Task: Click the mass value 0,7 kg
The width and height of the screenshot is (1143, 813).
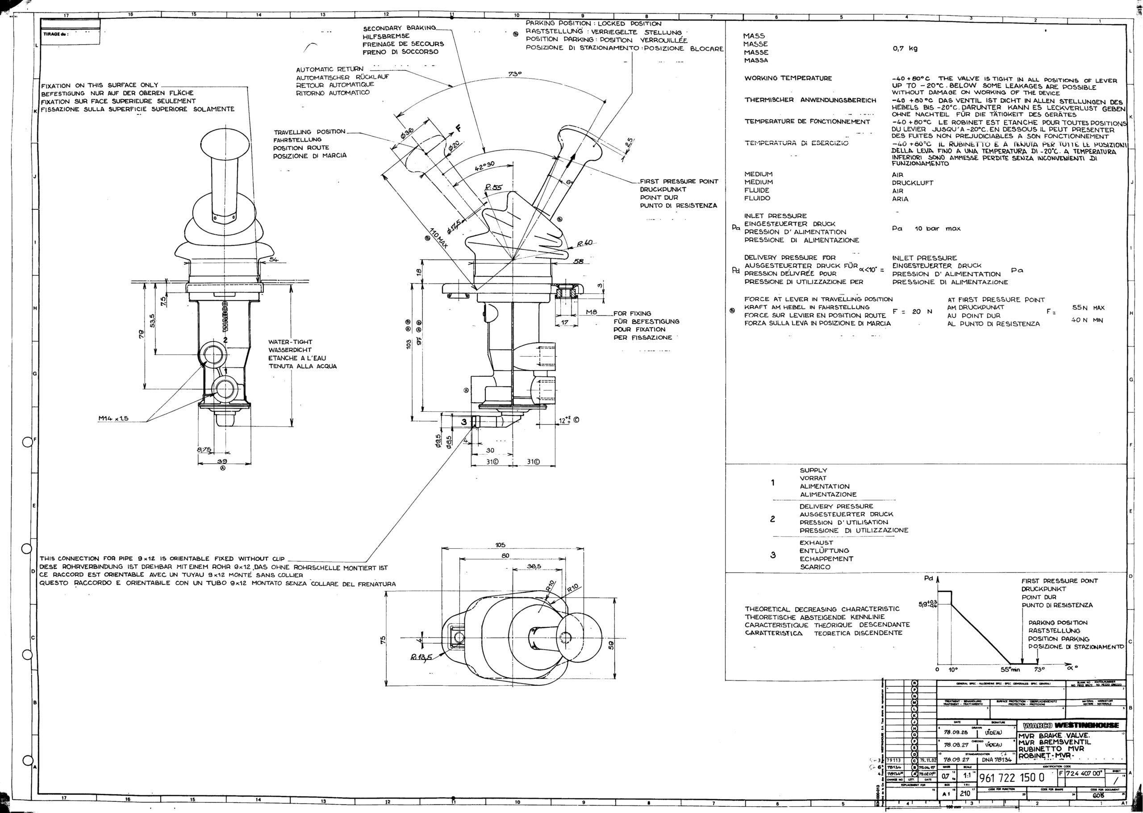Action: [905, 49]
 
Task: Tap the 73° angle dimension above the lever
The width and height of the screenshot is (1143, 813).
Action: [515, 74]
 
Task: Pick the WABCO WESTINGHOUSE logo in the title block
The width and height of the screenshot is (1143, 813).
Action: [1070, 725]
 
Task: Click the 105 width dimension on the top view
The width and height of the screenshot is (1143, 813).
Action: [500, 545]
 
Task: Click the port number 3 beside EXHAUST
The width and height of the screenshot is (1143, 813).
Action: [772, 555]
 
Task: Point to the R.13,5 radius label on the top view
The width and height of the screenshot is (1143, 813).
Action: [421, 657]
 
